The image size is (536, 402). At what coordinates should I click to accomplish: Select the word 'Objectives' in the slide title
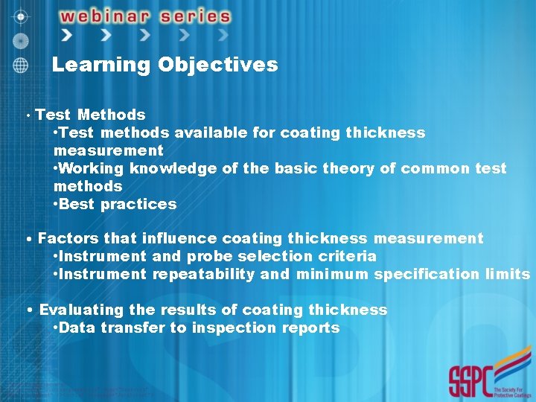click(x=217, y=65)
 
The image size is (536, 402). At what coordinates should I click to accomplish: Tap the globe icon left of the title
click(x=21, y=65)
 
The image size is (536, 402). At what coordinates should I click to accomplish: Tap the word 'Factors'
click(x=68, y=238)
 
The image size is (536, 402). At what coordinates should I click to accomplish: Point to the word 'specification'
click(x=421, y=274)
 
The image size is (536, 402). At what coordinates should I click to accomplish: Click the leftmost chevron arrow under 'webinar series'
click(x=68, y=35)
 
